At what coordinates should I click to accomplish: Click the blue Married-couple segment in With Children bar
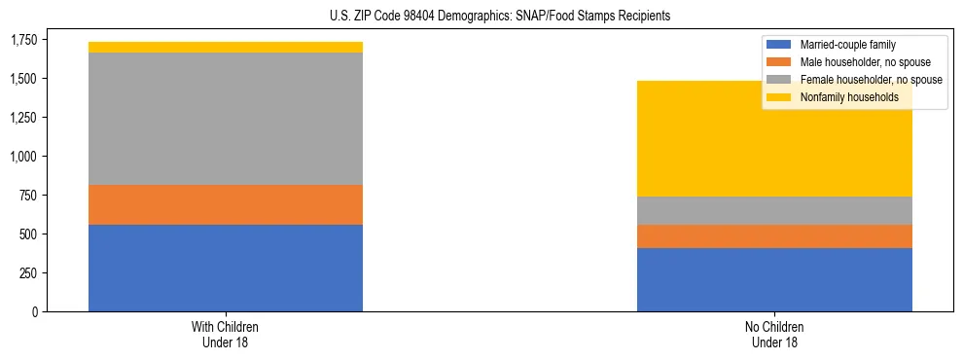click(x=226, y=268)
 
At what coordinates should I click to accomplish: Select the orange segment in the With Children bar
click(x=226, y=204)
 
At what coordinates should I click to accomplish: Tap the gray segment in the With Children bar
click(x=226, y=118)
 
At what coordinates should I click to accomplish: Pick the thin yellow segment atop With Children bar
click(x=226, y=47)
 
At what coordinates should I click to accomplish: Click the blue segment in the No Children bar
click(x=774, y=279)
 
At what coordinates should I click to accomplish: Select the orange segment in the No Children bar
click(x=774, y=236)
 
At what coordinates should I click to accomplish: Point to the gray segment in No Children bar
click(x=774, y=210)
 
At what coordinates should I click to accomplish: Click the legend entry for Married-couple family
click(x=846, y=45)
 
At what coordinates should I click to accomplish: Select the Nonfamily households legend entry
click(x=849, y=97)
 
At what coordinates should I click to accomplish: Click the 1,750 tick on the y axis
click(x=24, y=40)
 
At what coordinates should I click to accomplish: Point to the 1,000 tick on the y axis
click(x=24, y=157)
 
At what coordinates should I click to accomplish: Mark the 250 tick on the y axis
click(x=30, y=273)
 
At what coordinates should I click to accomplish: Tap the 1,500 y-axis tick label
click(x=24, y=79)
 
